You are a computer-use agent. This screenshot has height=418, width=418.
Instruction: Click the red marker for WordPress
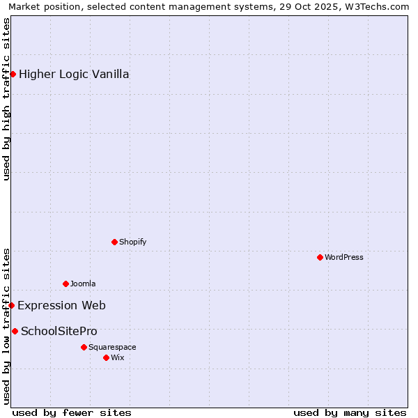[320, 257]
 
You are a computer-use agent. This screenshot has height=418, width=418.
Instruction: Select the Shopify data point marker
[114, 242]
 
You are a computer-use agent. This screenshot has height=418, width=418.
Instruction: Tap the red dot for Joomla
[65, 284]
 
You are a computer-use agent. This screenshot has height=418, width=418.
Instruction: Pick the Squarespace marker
[84, 347]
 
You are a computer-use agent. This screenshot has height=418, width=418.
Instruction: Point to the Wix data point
[106, 357]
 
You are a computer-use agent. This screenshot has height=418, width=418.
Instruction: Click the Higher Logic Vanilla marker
[13, 74]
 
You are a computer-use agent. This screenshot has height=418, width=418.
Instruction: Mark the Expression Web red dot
[11, 305]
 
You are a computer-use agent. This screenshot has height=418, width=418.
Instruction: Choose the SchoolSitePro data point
[15, 331]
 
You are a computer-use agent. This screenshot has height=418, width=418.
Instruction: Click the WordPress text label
[344, 258]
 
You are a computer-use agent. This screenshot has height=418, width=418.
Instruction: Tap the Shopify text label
[132, 242]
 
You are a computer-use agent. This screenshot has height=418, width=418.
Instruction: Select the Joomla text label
[83, 284]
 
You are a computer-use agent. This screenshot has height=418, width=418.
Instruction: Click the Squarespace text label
[112, 348]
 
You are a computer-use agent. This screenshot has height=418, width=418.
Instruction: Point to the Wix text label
[118, 358]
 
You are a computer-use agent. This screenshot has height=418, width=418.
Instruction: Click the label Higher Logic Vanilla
[74, 75]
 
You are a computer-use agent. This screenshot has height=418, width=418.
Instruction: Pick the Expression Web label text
[61, 306]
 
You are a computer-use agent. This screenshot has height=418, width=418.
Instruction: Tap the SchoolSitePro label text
[59, 332]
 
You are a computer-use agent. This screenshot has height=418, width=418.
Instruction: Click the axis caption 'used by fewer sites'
[72, 413]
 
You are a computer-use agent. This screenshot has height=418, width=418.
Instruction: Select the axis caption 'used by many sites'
[350, 413]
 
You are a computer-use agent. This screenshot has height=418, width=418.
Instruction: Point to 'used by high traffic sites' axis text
[7, 99]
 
